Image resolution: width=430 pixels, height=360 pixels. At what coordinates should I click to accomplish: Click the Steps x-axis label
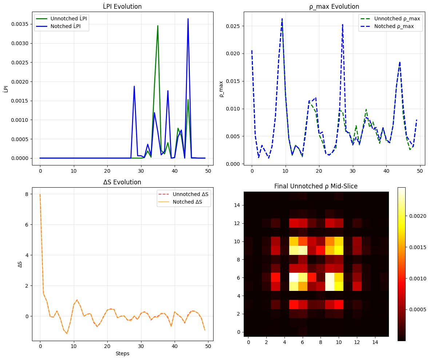tap(121, 353)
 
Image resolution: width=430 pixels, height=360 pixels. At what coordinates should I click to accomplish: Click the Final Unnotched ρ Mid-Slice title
tap(316, 186)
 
